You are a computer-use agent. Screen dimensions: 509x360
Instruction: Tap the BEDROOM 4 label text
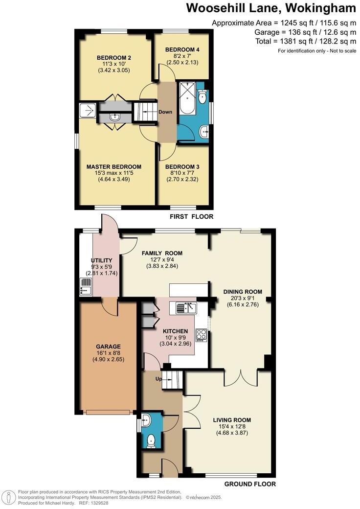[182, 50]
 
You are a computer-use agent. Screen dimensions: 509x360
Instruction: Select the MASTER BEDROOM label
[113, 166]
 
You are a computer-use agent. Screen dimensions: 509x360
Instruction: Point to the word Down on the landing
[165, 112]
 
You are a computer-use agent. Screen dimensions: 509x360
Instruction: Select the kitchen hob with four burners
[201, 335]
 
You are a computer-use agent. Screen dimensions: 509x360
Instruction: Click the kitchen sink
[186, 308]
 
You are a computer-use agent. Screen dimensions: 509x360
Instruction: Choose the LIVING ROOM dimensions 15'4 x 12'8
[232, 426]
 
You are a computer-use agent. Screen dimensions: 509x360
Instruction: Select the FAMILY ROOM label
[162, 253]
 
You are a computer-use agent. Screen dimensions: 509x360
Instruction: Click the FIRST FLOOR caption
[191, 216]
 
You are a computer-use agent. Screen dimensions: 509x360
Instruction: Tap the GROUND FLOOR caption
[249, 484]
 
